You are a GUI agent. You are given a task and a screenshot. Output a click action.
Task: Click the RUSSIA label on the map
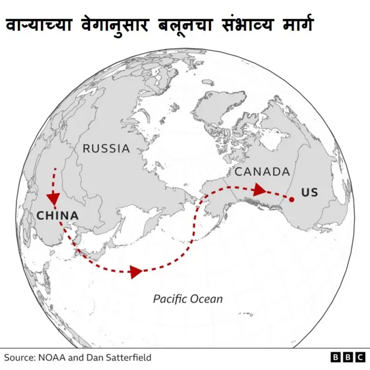point(106,149)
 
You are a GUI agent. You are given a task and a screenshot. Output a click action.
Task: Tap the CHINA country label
point(57,216)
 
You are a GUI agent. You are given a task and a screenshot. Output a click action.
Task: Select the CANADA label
point(262,172)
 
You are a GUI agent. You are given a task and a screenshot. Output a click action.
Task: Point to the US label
point(309,193)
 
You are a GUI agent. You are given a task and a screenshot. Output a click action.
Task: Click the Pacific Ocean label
point(188,299)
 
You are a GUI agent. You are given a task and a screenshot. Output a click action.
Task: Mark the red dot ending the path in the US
point(291,200)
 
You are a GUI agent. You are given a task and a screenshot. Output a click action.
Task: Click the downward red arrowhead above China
point(54,198)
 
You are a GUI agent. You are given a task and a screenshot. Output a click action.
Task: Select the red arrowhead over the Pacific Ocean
point(136,272)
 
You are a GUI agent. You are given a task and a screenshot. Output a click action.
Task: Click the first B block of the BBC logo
point(336,357)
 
